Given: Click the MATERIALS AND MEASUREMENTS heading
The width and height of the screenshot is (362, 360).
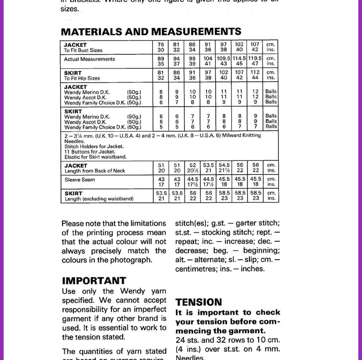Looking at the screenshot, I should tap(151, 32).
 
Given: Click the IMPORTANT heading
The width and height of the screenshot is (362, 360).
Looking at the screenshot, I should tap(94, 281).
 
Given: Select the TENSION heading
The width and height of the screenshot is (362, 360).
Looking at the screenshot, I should tap(199, 302).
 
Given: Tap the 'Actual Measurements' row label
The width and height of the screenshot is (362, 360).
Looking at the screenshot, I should tap(90, 59).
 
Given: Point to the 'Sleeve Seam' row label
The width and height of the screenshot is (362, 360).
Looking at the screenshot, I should tap(80, 180).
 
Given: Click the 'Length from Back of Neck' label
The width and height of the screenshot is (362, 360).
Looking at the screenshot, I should tap(94, 171).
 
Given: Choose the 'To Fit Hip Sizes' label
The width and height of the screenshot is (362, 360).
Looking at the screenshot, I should tap(82, 78).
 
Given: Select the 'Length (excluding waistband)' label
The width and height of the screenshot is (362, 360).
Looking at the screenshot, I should tap(99, 199).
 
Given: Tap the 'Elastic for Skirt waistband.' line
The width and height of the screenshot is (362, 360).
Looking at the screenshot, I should tap(95, 157).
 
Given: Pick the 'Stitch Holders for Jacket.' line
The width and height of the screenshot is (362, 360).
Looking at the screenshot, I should tap(94, 146).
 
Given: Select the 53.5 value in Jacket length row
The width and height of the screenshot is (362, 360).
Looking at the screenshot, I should tap(208, 165).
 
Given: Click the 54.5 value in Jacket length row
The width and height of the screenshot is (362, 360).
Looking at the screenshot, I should tap(224, 165).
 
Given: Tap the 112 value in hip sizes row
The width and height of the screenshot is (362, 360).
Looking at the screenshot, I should tap(255, 72).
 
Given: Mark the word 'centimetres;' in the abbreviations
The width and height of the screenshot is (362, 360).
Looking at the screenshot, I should tap(198, 269).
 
